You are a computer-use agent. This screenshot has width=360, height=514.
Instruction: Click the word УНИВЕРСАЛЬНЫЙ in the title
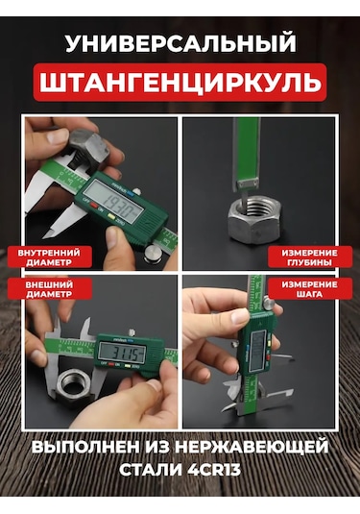pos(180,43)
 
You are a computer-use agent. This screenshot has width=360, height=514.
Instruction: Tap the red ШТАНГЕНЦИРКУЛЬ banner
pos(180,84)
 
